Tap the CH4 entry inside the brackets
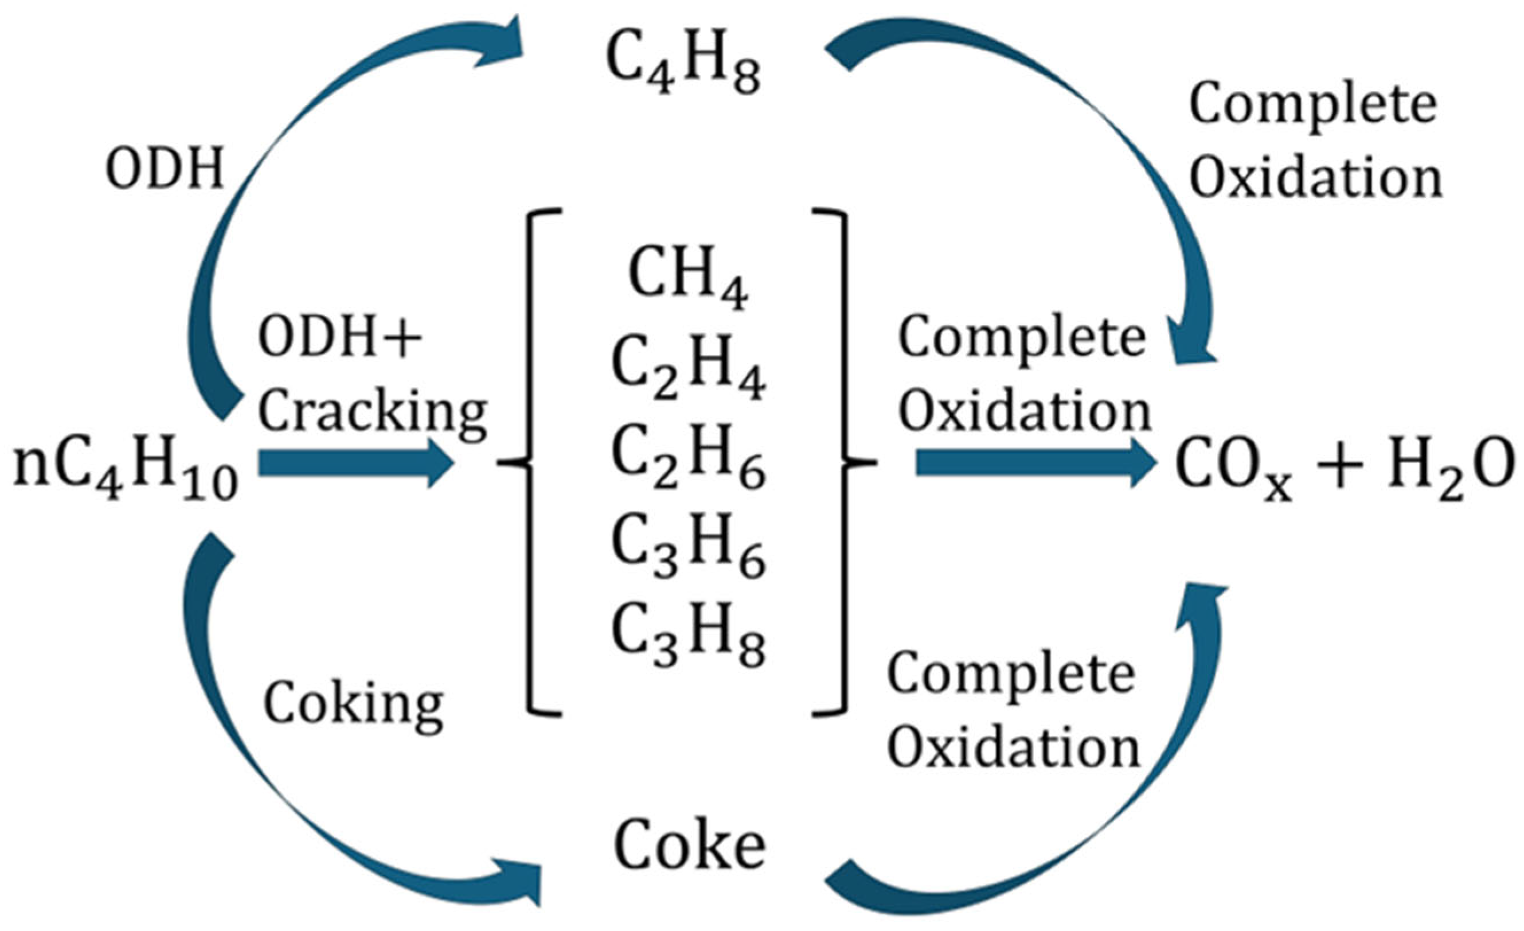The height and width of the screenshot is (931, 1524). (688, 277)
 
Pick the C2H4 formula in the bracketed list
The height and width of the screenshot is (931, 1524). (688, 368)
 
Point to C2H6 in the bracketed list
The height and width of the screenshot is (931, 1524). (688, 458)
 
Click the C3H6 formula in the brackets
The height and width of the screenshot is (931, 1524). (688, 547)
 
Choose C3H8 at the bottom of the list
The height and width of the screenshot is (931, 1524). (688, 637)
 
